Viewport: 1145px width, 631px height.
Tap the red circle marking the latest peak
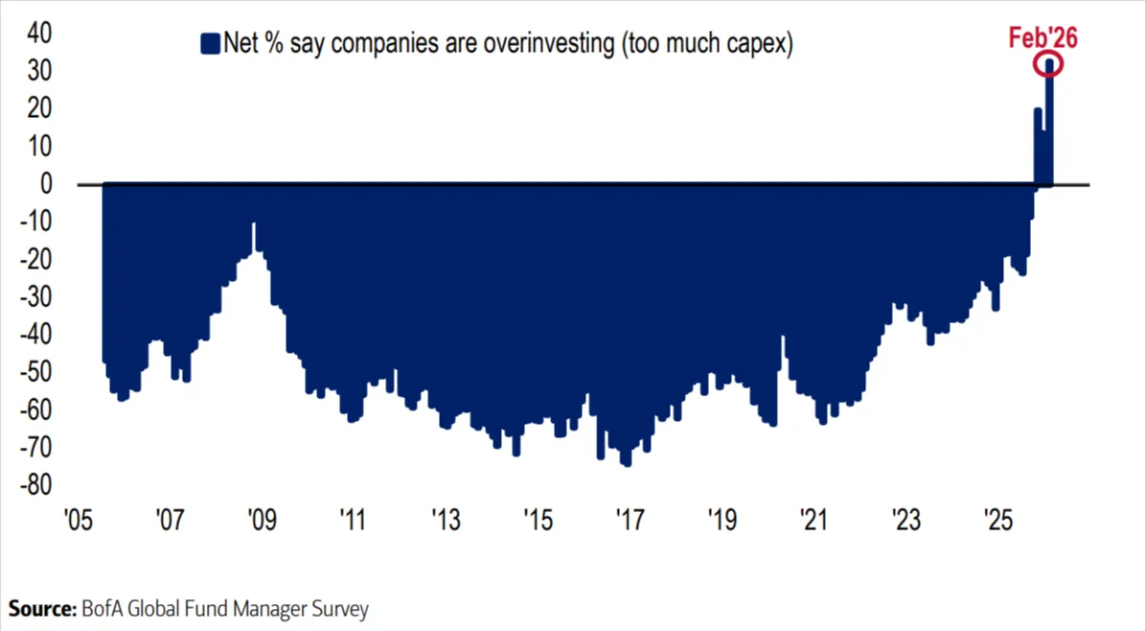click(x=1049, y=65)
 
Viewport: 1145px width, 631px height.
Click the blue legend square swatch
click(x=209, y=43)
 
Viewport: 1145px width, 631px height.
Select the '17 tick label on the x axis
click(x=630, y=522)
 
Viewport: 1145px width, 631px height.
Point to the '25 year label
click(x=998, y=522)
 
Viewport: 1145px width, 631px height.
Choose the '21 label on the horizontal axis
click(x=813, y=522)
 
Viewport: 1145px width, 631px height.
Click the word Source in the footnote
click(x=41, y=609)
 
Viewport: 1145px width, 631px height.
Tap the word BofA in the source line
click(x=102, y=609)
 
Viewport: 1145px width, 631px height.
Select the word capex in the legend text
click(x=756, y=43)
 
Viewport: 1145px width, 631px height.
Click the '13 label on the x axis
click(x=446, y=522)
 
